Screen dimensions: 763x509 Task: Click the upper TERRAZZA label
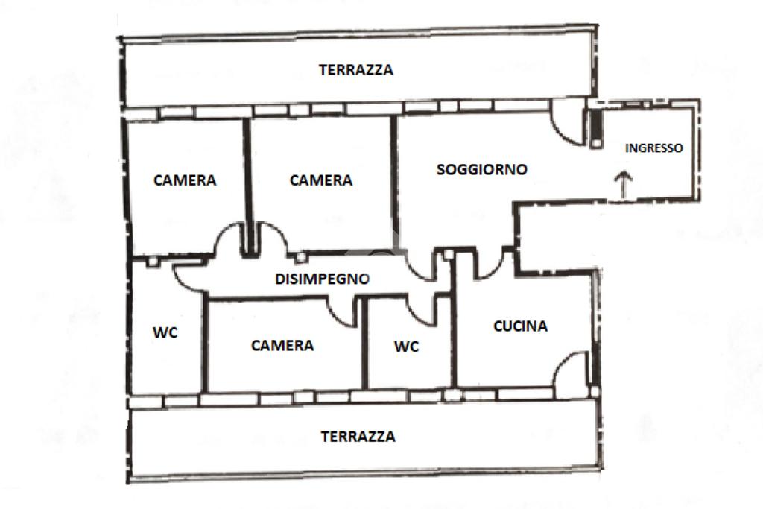coord(355,70)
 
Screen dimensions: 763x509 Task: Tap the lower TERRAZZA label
coord(358,437)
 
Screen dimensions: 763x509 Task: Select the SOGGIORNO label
coord(481,169)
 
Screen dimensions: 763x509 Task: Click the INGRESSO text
coord(653,148)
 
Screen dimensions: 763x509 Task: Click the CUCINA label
coord(520,326)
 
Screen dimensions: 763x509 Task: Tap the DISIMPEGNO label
coord(323,279)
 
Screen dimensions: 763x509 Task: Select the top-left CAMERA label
coord(185,180)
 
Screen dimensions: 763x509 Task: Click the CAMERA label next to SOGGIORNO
coord(320,180)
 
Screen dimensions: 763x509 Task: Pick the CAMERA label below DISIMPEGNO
coord(282,345)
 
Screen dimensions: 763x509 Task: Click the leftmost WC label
coord(165,333)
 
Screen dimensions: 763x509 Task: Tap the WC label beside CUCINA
coord(406,347)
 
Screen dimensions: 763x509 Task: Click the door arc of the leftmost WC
coord(185,276)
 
